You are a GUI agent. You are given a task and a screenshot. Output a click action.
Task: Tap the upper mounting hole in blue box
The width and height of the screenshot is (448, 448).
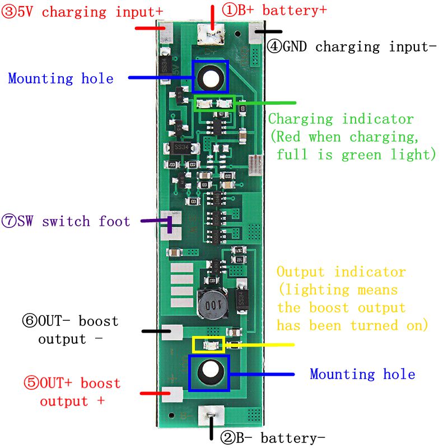pos(211,77)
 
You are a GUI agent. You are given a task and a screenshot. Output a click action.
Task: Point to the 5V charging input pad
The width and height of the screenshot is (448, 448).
pos(166,33)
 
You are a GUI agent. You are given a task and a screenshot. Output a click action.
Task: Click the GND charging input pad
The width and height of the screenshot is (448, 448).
pos(256,33)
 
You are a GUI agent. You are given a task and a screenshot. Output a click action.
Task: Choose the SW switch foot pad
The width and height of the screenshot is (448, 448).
pos(171,226)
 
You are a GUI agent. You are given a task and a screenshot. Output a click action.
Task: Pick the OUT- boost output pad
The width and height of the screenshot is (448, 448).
pos(172,332)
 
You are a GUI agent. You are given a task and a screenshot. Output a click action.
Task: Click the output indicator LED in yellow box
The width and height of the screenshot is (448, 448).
pos(208,344)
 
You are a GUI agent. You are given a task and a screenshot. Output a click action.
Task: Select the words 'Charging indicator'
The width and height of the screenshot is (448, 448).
pos(340,119)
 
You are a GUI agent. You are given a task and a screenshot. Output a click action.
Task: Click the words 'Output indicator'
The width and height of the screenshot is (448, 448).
pos(341,272)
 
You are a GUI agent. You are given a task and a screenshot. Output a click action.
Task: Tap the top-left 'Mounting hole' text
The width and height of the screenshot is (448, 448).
pos(60,78)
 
